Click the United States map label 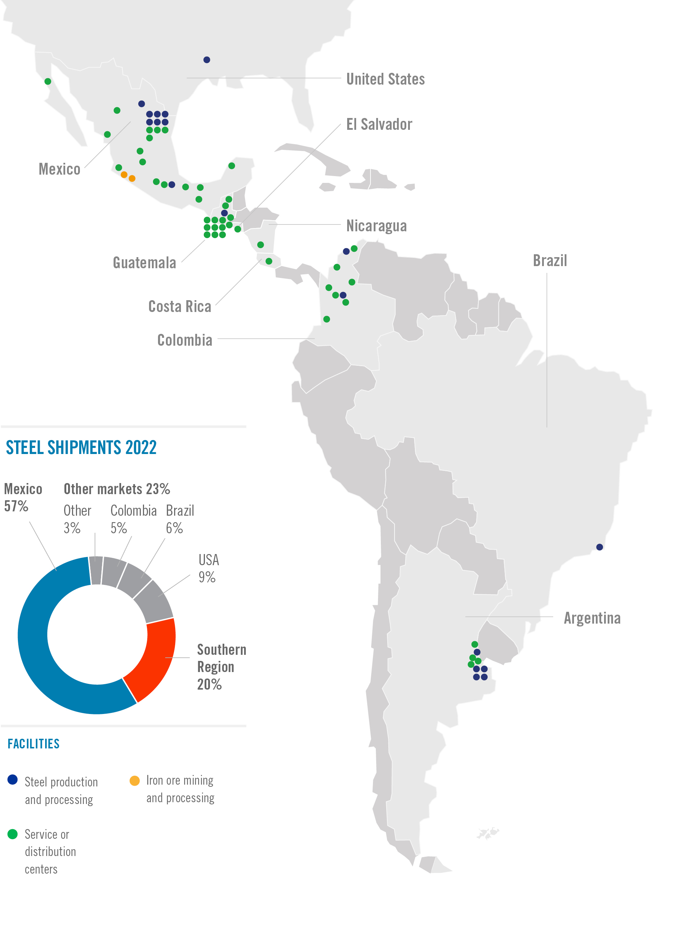tap(385, 79)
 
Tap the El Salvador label tap(379, 124)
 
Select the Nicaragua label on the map tap(376, 226)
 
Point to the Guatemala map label tap(144, 263)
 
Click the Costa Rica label tap(180, 306)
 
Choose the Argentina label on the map tap(592, 618)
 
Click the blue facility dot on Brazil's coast tap(599, 547)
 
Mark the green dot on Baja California tap(48, 81)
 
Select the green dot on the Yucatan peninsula tap(232, 166)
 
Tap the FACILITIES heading tap(34, 744)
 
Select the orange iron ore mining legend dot tap(134, 781)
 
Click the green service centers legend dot tap(13, 834)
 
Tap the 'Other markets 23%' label tap(117, 489)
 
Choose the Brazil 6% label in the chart tap(180, 519)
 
